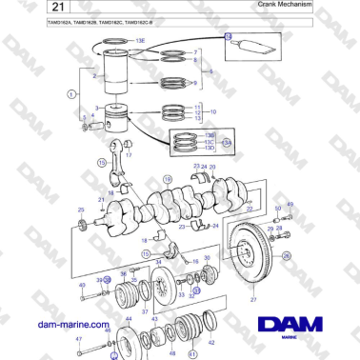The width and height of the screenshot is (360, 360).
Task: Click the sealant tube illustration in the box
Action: coord(258,47)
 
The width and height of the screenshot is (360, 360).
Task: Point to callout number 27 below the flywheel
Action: coord(253,300)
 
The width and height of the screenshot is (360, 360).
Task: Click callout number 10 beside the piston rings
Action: coord(212,112)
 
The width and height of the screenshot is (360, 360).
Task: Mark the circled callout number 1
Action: coord(70,93)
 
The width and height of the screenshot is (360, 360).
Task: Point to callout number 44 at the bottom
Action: coord(129,318)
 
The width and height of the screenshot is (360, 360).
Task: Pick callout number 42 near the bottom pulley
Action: coord(210,342)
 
